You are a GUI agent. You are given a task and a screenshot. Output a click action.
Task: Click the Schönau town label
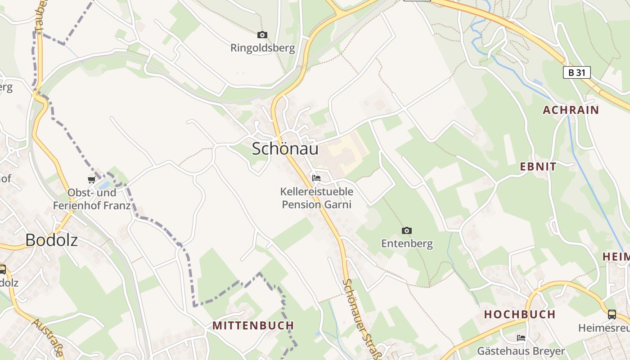[285, 148]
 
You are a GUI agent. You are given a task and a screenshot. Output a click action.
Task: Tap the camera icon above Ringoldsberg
[262, 35]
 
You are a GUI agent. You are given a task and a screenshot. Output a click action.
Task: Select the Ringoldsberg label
[263, 48]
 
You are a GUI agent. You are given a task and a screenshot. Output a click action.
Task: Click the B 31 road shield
[576, 72]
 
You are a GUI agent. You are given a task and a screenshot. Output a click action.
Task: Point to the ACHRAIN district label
[571, 110]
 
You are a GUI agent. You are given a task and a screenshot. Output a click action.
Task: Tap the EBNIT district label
[538, 166]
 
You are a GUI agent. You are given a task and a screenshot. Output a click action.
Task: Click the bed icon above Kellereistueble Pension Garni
[316, 178]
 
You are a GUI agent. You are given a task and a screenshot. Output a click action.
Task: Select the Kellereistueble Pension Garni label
[316, 198]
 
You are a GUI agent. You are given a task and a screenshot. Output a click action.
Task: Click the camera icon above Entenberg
[407, 230]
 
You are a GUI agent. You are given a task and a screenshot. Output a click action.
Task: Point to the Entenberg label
[407, 243]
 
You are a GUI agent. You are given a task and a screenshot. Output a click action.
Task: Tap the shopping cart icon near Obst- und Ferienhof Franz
[92, 180]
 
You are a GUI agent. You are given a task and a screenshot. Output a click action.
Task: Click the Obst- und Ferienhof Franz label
[92, 199]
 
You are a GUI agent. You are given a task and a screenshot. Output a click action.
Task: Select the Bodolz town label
[51, 240]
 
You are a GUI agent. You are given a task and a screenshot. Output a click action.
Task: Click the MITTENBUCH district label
[253, 325]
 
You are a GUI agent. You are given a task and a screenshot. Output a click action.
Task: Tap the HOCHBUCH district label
[520, 314]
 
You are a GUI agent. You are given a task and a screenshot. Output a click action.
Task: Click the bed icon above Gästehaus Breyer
[521, 337]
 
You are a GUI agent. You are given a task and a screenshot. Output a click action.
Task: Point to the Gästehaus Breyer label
[521, 351]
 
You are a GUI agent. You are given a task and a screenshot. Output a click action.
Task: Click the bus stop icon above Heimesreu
[612, 314]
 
